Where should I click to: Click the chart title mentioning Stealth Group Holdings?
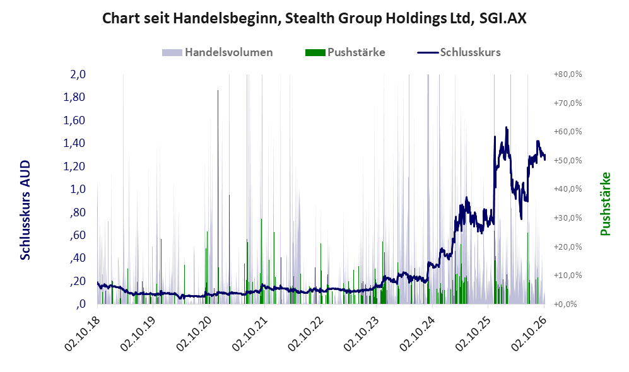click(x=314, y=18)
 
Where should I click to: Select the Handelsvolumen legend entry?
click(x=218, y=52)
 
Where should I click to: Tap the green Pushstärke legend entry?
click(x=345, y=52)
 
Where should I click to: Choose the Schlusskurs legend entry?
click(x=459, y=52)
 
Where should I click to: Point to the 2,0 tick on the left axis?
click(x=78, y=74)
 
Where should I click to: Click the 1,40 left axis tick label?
click(x=74, y=143)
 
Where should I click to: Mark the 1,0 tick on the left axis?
click(x=78, y=189)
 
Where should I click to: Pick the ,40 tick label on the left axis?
click(x=78, y=258)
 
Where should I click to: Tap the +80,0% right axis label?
click(x=568, y=74)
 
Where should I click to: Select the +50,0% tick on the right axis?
click(x=568, y=160)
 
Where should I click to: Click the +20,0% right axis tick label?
click(x=568, y=247)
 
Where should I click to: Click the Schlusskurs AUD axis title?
click(x=25, y=210)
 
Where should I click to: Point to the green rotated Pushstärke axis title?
click(x=605, y=204)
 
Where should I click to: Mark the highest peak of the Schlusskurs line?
click(x=506, y=127)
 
